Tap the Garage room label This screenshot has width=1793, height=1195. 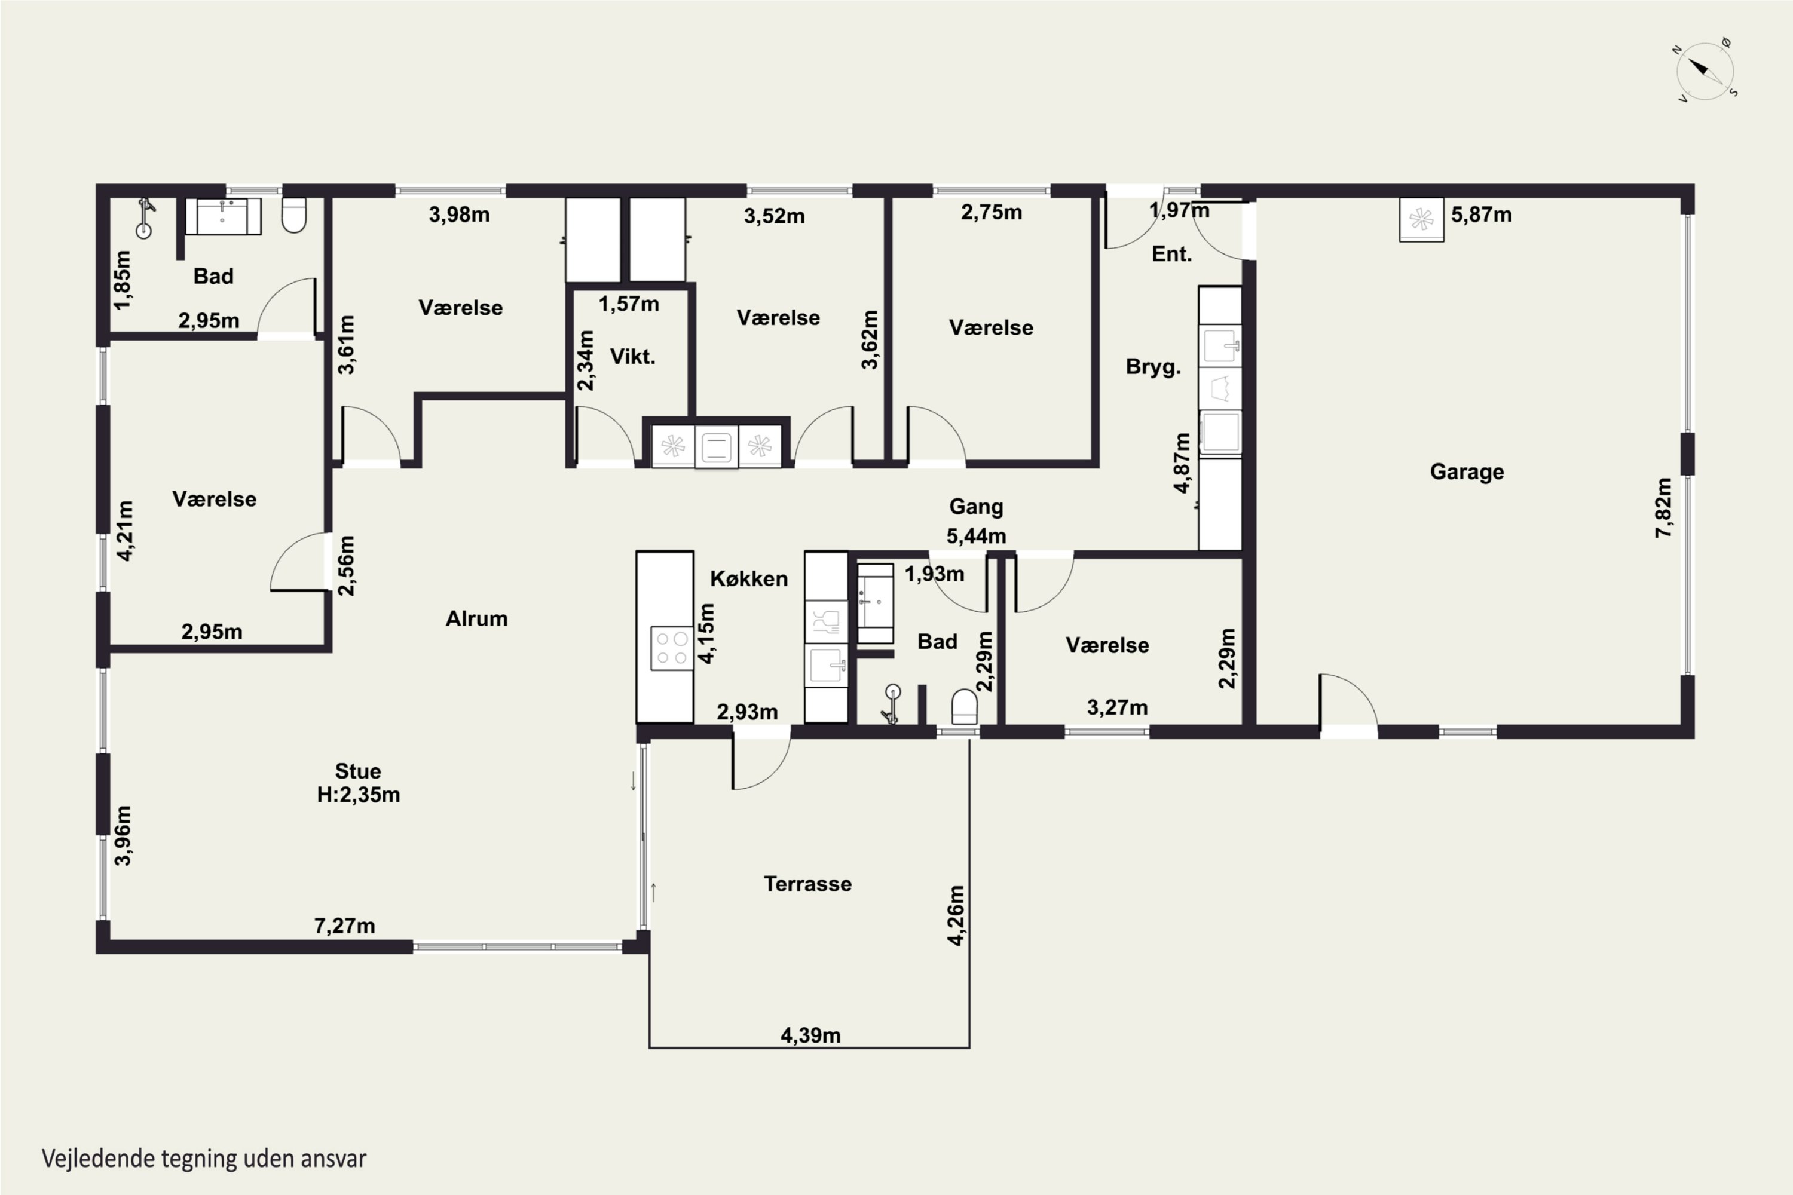[x=1467, y=472]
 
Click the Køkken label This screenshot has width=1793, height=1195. [x=749, y=578]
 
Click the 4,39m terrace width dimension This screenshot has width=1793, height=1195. [x=810, y=1035]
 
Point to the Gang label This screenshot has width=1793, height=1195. [x=976, y=507]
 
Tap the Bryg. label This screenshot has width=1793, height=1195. [x=1153, y=367]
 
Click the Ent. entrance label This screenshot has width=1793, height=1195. [x=1171, y=254]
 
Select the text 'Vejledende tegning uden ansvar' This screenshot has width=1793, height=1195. [x=204, y=1159]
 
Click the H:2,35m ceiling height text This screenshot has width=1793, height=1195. [x=358, y=794]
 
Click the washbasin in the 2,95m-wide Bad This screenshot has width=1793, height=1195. [x=222, y=216]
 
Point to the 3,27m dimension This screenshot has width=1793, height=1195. [x=1117, y=707]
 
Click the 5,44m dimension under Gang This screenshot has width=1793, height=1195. [x=976, y=536]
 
